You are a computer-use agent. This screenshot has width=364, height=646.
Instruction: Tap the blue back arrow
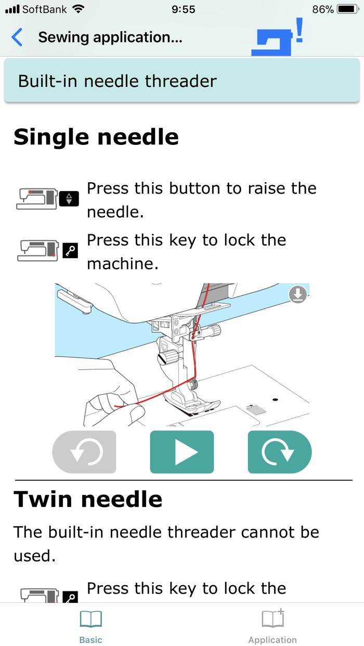17,37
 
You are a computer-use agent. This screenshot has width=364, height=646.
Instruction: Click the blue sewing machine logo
277,37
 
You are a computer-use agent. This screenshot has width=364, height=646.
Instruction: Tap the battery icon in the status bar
348,9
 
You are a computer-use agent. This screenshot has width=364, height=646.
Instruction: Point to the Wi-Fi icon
78,9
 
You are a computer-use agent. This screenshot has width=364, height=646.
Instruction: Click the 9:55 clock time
183,9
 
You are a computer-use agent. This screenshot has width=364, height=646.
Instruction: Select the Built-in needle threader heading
118,81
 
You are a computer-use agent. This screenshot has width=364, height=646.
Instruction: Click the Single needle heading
96,137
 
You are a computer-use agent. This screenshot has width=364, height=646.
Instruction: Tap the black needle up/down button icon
69,199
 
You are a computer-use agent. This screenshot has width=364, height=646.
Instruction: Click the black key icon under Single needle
70,250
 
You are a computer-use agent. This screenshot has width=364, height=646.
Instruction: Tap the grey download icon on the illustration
298,294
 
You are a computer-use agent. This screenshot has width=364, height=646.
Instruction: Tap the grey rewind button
84,452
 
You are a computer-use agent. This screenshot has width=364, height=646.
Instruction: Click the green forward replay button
280,452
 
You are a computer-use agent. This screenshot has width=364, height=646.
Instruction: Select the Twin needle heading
88,499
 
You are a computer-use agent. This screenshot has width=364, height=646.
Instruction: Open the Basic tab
90,626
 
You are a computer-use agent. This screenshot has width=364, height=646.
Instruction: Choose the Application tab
272,626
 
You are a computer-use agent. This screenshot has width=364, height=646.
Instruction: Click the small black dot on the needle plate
275,400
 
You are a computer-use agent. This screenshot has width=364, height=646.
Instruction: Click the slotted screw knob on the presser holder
167,357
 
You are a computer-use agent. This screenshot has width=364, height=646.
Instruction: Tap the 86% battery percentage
323,9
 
